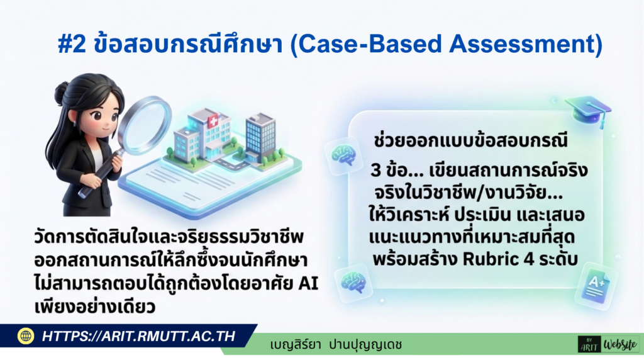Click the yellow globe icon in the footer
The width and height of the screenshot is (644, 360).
[26, 336]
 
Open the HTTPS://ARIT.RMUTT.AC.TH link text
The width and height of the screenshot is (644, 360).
[138, 337]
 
